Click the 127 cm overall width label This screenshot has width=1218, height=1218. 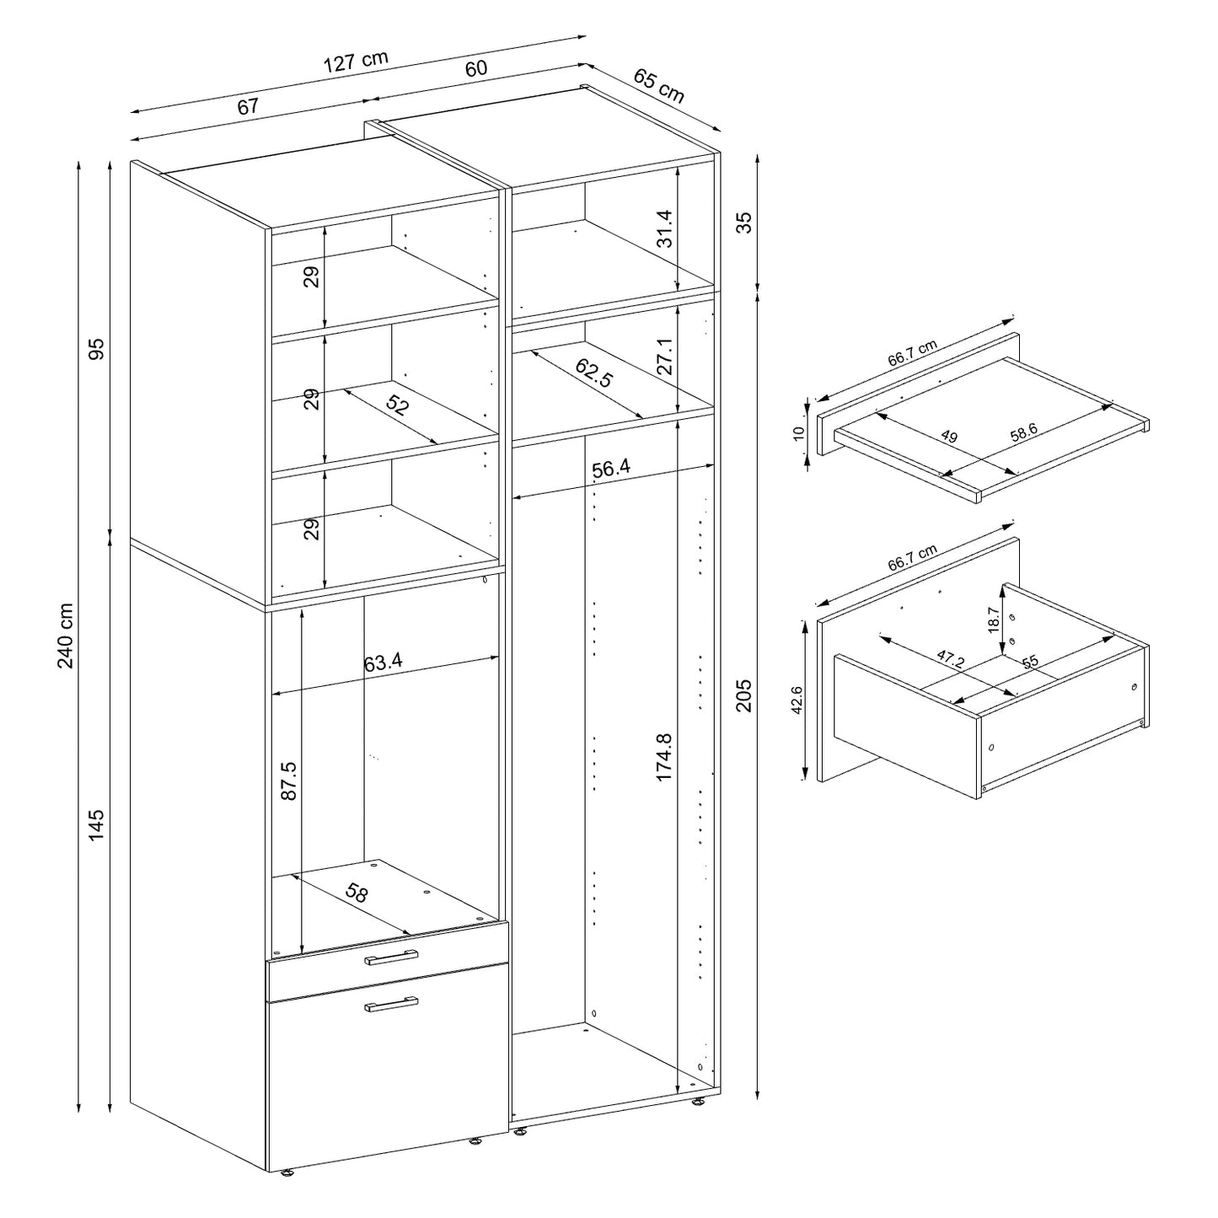(355, 61)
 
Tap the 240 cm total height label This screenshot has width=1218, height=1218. (67, 636)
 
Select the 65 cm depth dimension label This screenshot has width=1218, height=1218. (658, 86)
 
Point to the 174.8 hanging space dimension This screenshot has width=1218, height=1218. (663, 757)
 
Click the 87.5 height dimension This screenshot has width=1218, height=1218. (288, 781)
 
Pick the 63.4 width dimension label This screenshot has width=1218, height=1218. (383, 662)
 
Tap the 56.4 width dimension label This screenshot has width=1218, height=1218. (610, 469)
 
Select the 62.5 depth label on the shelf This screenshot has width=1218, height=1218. (593, 373)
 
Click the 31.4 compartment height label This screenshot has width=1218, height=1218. (665, 228)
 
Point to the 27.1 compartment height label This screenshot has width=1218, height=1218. (665, 357)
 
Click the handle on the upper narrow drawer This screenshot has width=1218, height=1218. (391, 959)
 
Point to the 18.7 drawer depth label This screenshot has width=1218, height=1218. (995, 620)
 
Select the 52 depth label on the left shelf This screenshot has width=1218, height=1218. (396, 405)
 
